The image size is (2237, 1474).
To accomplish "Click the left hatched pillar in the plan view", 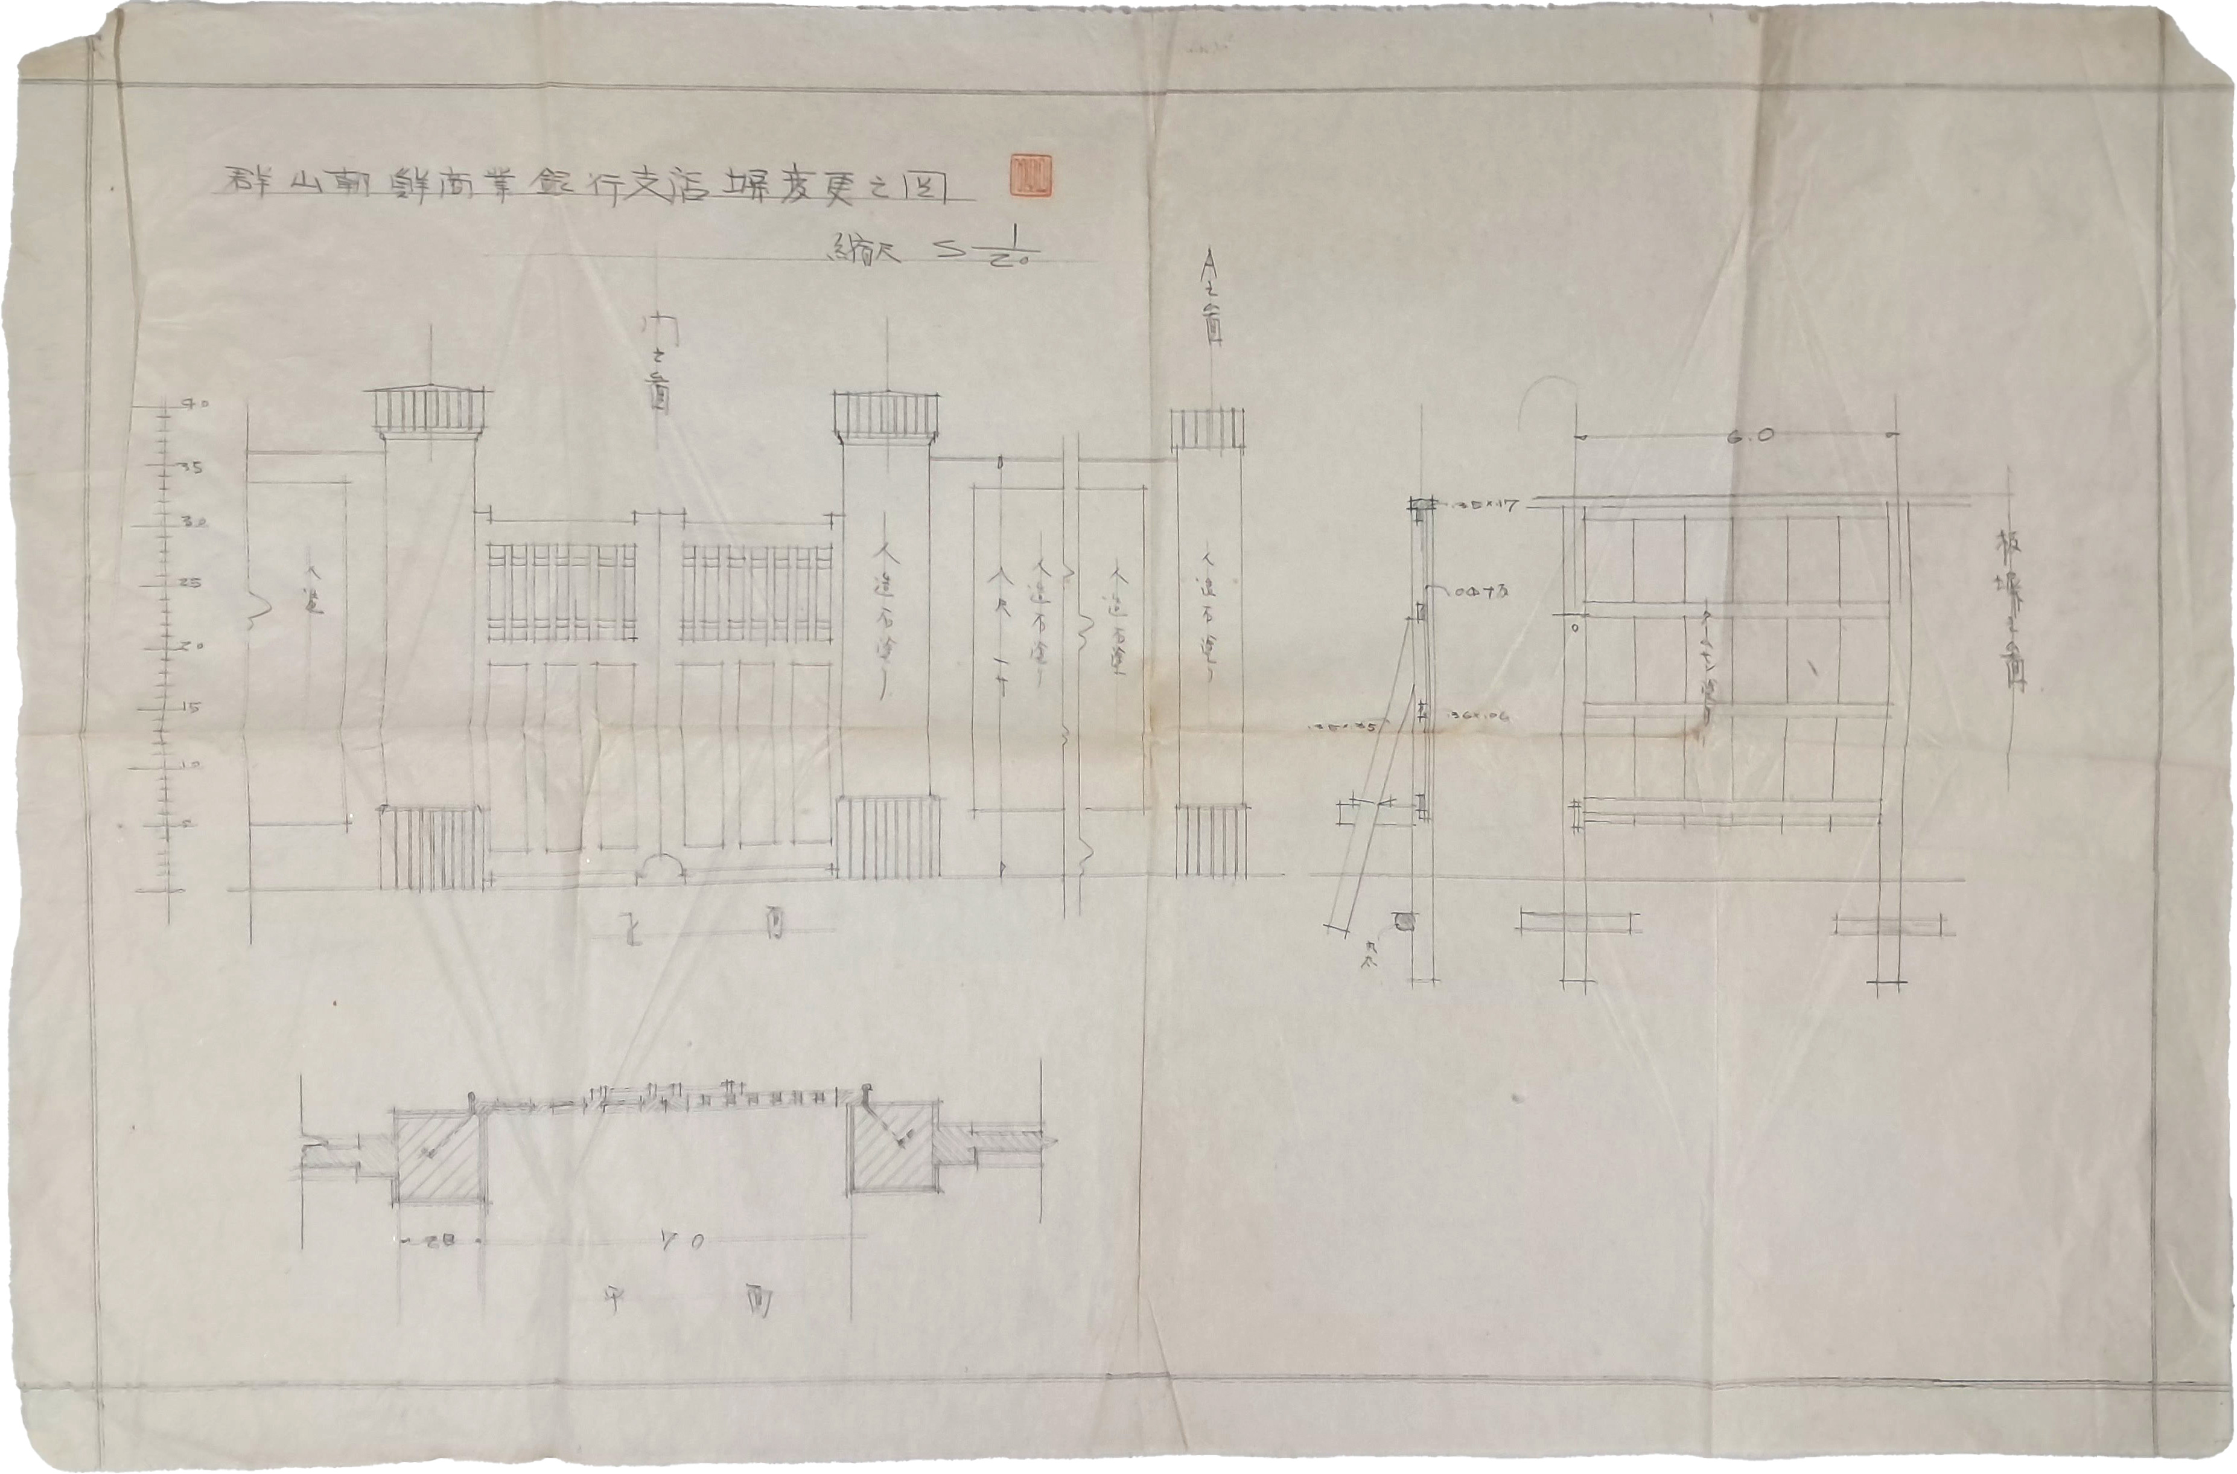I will pos(439,1154).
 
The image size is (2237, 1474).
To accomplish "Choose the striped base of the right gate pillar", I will pos(889,838).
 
